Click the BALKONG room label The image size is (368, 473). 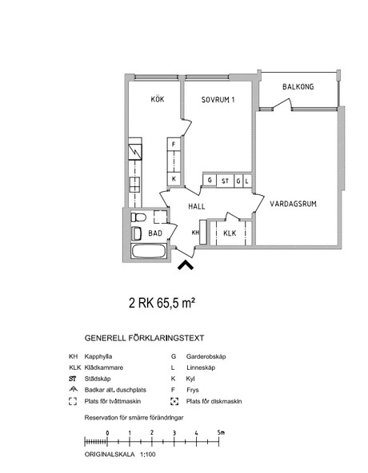pyautogui.click(x=298, y=87)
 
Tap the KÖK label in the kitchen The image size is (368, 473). pyautogui.click(x=158, y=99)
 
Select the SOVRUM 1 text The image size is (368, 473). pyautogui.click(x=218, y=100)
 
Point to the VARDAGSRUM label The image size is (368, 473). pyautogui.click(x=293, y=204)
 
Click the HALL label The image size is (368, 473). pyautogui.click(x=196, y=206)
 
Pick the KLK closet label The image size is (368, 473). pyautogui.click(x=230, y=233)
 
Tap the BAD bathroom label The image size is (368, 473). pyautogui.click(x=155, y=233)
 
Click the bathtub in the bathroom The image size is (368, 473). pyautogui.click(x=149, y=251)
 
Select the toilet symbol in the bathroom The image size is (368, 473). pyautogui.click(x=138, y=217)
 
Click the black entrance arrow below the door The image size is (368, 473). pyautogui.click(x=186, y=265)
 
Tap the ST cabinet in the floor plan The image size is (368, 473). pyautogui.click(x=225, y=181)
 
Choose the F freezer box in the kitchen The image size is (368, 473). pyautogui.click(x=174, y=144)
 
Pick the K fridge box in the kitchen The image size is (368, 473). pyautogui.click(x=174, y=179)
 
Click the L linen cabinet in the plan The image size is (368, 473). pyautogui.click(x=247, y=181)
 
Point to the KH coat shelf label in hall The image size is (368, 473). pyautogui.click(x=195, y=233)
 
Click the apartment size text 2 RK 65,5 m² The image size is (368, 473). pyautogui.click(x=162, y=303)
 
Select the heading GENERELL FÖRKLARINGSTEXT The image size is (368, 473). pyautogui.click(x=145, y=338)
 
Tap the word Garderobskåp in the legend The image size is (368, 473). pyautogui.click(x=206, y=356)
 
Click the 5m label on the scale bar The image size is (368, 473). pyautogui.click(x=221, y=432)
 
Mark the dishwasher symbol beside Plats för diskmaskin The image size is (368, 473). pyautogui.click(x=174, y=401)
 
